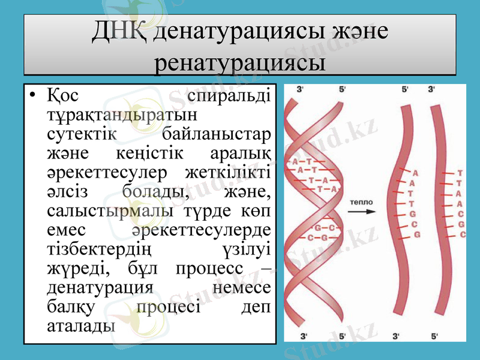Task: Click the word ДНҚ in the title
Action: tap(119, 32)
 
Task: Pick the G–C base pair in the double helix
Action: tap(325, 228)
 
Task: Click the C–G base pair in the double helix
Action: tap(317, 238)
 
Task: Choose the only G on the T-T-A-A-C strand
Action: tap(460, 224)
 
